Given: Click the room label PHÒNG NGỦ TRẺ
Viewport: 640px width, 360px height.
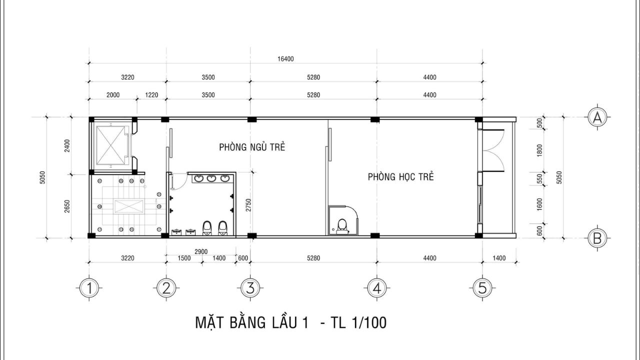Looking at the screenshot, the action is (x=252, y=147).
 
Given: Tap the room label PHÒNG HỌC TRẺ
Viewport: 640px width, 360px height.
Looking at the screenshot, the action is (x=400, y=176).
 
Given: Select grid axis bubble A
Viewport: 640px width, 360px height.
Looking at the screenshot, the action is (x=597, y=117).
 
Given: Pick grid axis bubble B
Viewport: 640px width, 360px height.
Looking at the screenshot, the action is (x=597, y=238).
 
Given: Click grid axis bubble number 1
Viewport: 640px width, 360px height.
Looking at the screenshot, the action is (x=89, y=288).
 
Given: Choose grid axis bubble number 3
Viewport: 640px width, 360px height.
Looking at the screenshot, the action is (x=250, y=288).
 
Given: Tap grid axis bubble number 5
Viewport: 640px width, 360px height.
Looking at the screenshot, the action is (x=482, y=288).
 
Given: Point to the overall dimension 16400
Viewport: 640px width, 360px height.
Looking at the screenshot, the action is (x=285, y=59).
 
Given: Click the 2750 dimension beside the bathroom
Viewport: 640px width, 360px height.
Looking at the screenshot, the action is (x=248, y=205).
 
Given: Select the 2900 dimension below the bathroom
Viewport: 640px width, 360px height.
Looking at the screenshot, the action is (x=201, y=251).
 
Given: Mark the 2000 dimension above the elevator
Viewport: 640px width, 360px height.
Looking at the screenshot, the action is (x=113, y=95).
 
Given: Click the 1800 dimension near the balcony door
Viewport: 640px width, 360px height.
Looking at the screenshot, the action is (x=539, y=150).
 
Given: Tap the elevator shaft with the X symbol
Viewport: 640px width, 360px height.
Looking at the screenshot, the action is (x=110, y=145).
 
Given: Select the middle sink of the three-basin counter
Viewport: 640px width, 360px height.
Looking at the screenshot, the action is (x=211, y=179).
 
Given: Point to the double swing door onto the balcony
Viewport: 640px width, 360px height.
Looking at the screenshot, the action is (x=493, y=150).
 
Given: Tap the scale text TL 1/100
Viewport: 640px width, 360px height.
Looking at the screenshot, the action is (x=358, y=322).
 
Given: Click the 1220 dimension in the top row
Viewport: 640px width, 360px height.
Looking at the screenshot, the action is (x=151, y=95).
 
